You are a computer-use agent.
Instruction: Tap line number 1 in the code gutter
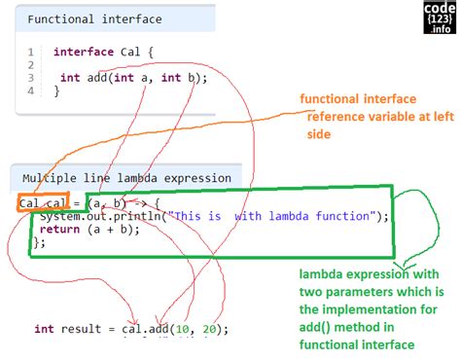tap(31, 52)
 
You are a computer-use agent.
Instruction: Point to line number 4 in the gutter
tap(31, 90)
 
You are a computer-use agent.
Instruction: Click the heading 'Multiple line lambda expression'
tap(126, 179)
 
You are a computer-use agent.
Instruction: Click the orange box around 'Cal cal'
tap(42, 203)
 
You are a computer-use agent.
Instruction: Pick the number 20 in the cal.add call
tap(210, 330)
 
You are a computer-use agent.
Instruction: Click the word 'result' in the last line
tap(85, 330)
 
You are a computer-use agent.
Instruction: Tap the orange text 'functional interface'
tap(359, 99)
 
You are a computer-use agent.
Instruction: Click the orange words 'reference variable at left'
tap(381, 117)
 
